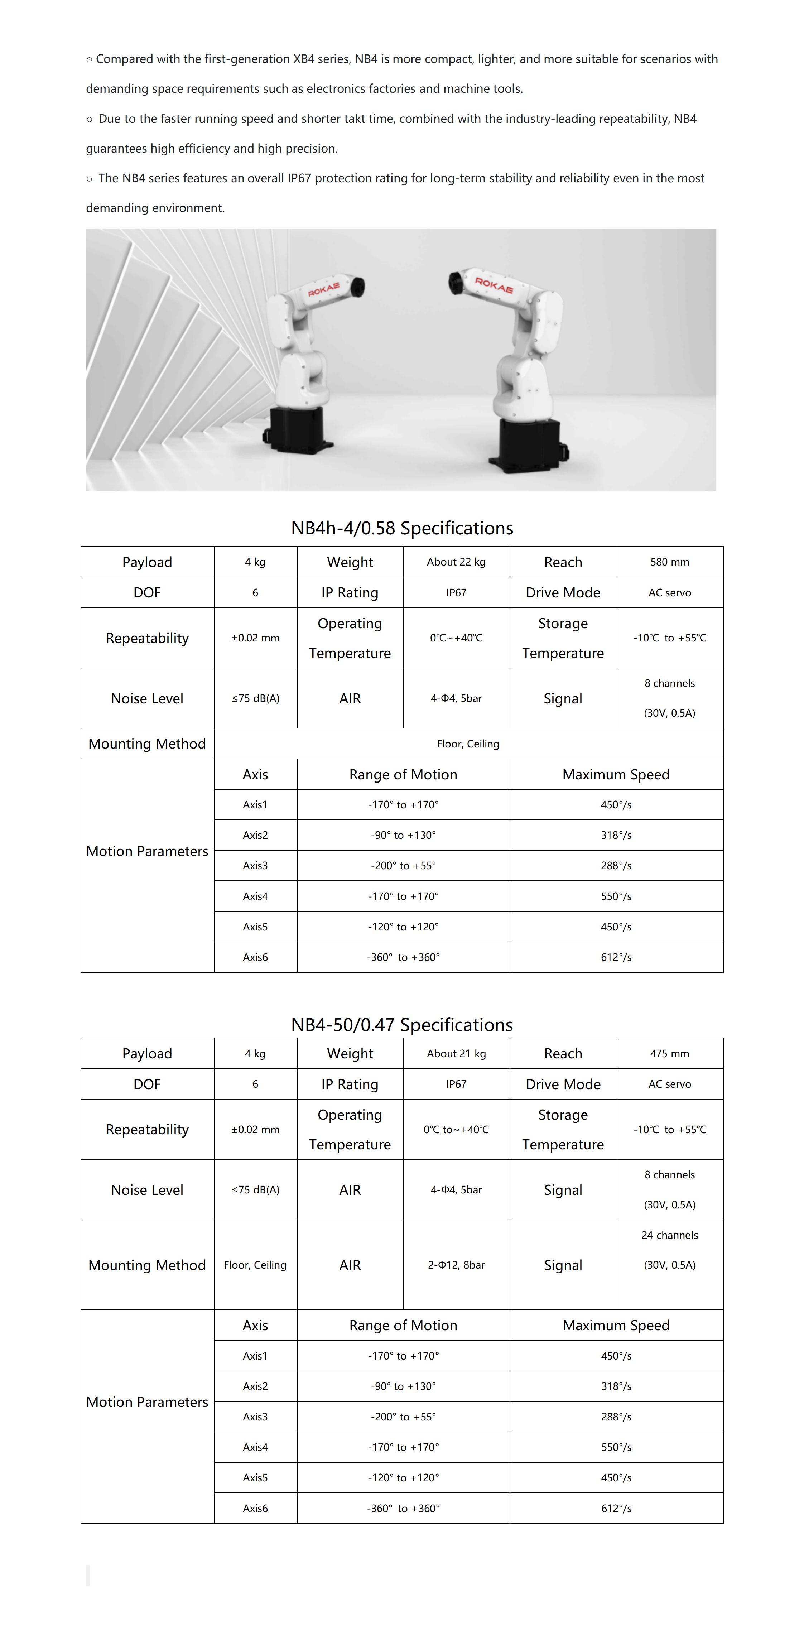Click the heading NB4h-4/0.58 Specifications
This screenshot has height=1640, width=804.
402,528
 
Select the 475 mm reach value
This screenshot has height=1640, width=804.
669,1054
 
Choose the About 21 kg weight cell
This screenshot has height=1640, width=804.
456,1054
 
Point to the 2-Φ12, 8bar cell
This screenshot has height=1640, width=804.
456,1265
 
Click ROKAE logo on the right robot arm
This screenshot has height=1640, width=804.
494,285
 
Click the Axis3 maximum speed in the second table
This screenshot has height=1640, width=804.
616,1417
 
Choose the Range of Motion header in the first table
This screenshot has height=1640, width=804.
403,774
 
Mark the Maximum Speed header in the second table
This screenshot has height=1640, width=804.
616,1325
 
